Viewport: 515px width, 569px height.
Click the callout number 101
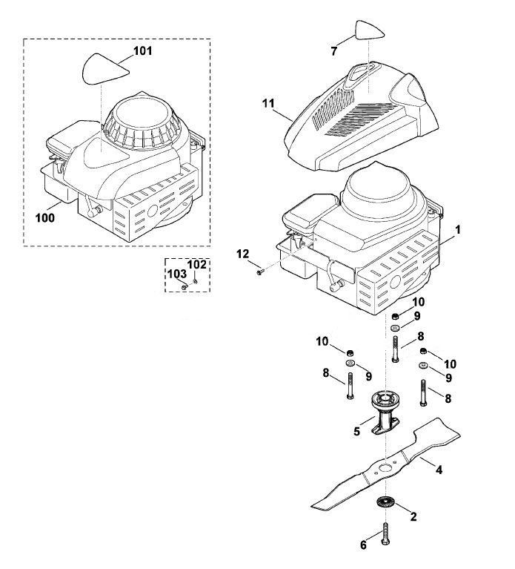coord(143,50)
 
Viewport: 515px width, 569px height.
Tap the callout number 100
coord(45,217)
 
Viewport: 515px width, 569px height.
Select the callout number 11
coord(268,103)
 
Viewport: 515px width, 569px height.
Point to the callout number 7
coord(333,51)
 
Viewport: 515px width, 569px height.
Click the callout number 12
coord(243,254)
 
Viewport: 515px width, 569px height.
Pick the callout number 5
coord(357,432)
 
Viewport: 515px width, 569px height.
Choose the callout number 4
coord(439,470)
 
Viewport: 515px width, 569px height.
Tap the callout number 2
coord(413,516)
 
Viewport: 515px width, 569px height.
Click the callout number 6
coord(364,545)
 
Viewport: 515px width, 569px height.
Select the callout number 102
coord(197,265)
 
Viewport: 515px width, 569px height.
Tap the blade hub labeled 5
coord(385,411)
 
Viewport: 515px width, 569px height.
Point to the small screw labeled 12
coord(259,272)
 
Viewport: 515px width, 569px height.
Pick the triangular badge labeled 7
coord(369,30)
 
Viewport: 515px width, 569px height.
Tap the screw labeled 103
coord(184,286)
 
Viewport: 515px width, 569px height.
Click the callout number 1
coord(458,230)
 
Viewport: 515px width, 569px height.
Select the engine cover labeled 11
coord(362,116)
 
